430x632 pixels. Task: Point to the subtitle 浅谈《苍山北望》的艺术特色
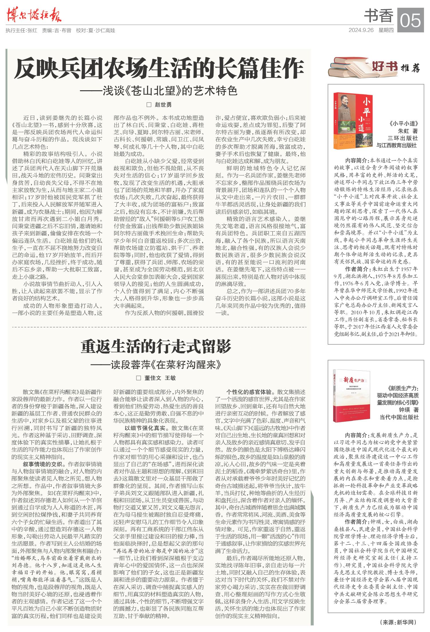pyautogui.click(x=159, y=91)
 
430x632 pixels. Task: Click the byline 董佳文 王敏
pyautogui.click(x=156, y=378)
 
